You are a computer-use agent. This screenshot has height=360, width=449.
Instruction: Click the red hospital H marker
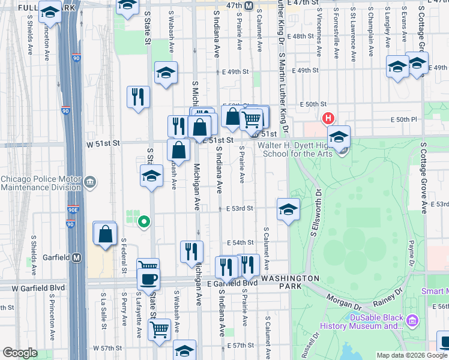[328, 118]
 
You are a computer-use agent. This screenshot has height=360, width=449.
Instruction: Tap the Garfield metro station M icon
[77, 257]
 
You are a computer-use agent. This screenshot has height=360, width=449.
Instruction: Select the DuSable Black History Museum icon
[412, 321]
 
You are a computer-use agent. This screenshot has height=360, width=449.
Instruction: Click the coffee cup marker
[148, 278]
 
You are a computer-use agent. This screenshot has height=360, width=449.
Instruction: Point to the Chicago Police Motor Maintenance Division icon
[90, 182]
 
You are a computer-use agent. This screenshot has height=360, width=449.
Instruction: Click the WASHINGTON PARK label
[291, 283]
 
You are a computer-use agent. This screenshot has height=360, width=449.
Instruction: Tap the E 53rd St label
[240, 208]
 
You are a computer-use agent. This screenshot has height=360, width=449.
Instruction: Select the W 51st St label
[103, 144]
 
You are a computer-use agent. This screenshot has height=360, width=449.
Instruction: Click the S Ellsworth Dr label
[316, 213]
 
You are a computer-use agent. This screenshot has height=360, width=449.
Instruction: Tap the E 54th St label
[240, 242]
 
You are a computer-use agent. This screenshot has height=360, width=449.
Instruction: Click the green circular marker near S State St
[143, 223]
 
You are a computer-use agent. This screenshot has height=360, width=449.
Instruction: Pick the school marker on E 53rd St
[288, 210]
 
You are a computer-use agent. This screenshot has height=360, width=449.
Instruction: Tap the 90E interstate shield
[71, 210]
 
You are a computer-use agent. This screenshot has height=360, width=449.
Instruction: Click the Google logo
[20, 353]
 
